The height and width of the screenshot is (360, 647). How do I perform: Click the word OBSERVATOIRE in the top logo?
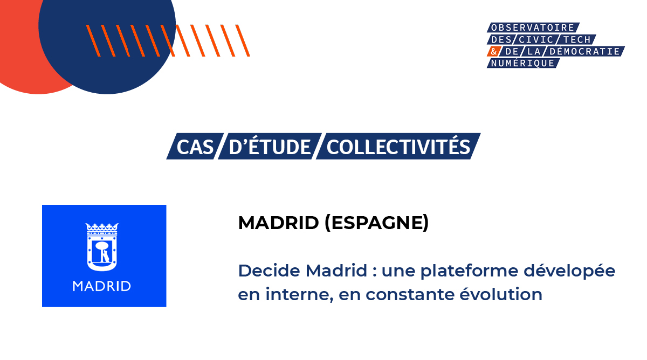[x=533, y=27]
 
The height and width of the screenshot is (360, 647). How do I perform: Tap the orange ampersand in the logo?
[x=492, y=51]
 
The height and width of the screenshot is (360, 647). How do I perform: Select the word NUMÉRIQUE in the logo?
[x=521, y=63]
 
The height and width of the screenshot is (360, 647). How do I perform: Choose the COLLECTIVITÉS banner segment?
[x=398, y=147]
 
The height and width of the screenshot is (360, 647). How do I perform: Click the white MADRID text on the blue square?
[x=102, y=286]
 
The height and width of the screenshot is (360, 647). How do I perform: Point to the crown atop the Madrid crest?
[x=102, y=227]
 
